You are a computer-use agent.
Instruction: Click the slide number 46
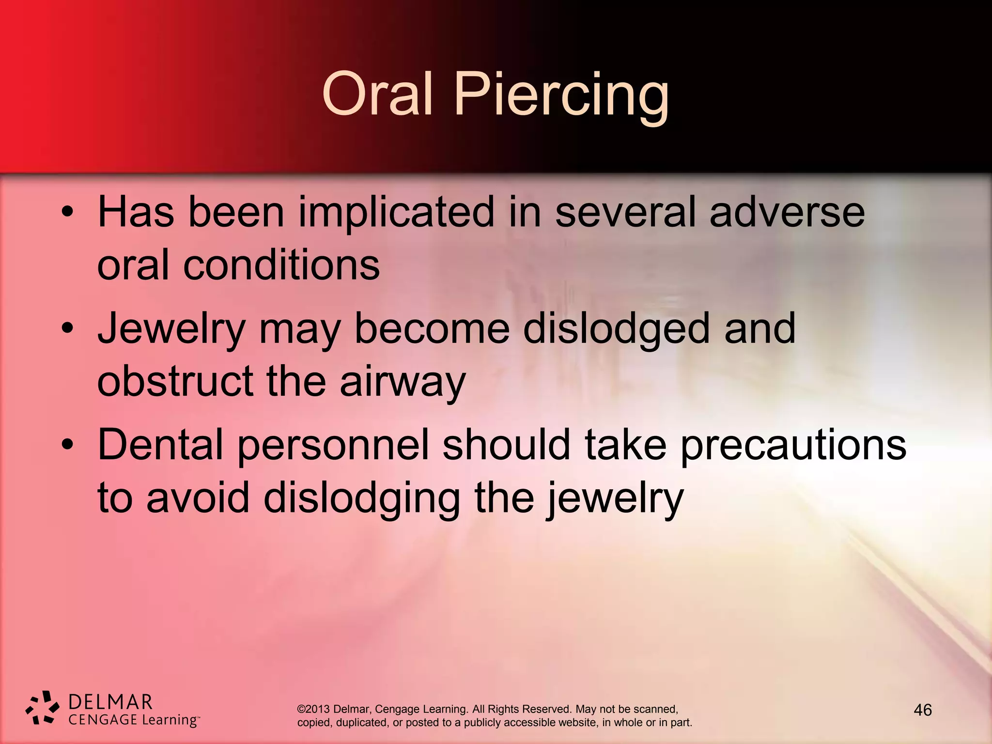point(922,710)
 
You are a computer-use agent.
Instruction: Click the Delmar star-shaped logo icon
point(43,708)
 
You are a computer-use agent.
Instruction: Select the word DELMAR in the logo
point(110,701)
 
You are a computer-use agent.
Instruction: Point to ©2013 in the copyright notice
point(313,709)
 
